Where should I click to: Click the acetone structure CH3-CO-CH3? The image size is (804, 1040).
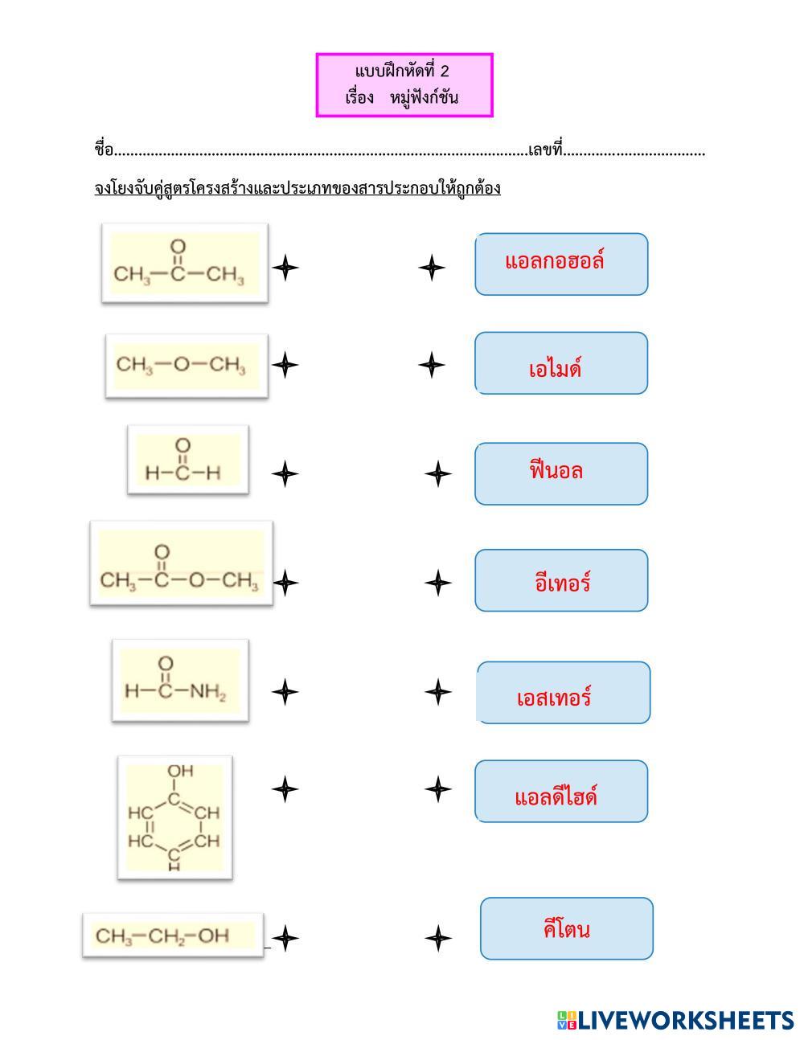(x=185, y=263)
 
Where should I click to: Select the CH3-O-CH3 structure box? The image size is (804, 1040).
(x=187, y=366)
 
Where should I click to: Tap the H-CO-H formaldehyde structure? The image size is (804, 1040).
(x=188, y=460)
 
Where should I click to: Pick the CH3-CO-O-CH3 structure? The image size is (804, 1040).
(x=182, y=563)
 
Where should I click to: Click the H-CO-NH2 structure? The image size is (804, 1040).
(x=180, y=680)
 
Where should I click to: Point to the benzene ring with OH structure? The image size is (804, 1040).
(x=175, y=817)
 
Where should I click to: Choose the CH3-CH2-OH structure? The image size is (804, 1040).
(x=173, y=936)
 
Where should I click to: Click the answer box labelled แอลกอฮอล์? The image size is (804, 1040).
(x=561, y=264)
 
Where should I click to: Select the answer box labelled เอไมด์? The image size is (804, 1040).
(x=561, y=363)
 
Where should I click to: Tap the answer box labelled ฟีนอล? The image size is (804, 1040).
(x=561, y=474)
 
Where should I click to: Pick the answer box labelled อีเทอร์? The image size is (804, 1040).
(x=561, y=580)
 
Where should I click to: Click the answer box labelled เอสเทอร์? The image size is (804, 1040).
(x=564, y=693)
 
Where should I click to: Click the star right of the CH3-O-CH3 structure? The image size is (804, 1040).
(x=285, y=365)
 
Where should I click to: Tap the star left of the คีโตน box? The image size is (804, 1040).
(x=438, y=938)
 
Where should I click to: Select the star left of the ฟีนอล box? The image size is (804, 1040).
(x=438, y=474)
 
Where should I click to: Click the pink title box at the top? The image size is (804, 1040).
(x=404, y=84)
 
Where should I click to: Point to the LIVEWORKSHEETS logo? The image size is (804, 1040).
(x=675, y=1020)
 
